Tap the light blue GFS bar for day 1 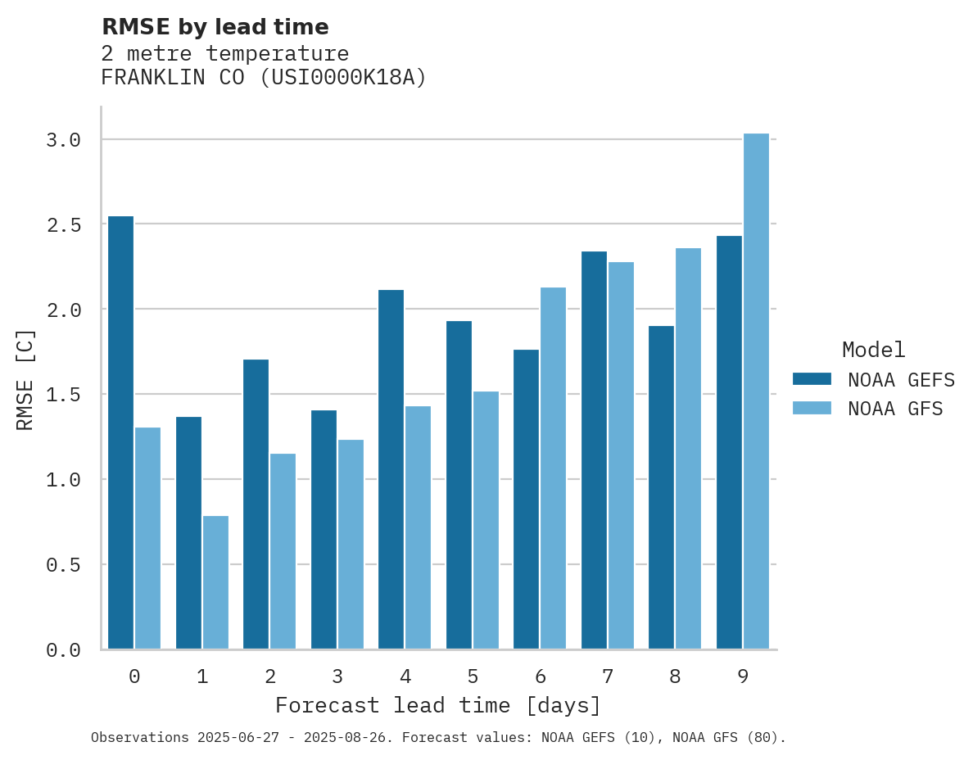(215, 582)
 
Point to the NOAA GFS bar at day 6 (553, 468)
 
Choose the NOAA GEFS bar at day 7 (594, 450)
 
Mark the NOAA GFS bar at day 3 (351, 545)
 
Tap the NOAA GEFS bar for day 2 (256, 504)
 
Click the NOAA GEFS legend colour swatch (812, 379)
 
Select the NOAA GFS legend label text (895, 408)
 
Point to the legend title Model (873, 350)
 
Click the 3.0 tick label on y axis (64, 140)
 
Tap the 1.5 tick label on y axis (64, 395)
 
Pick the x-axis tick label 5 (473, 676)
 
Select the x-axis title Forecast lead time (438, 705)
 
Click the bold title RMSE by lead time (215, 27)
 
